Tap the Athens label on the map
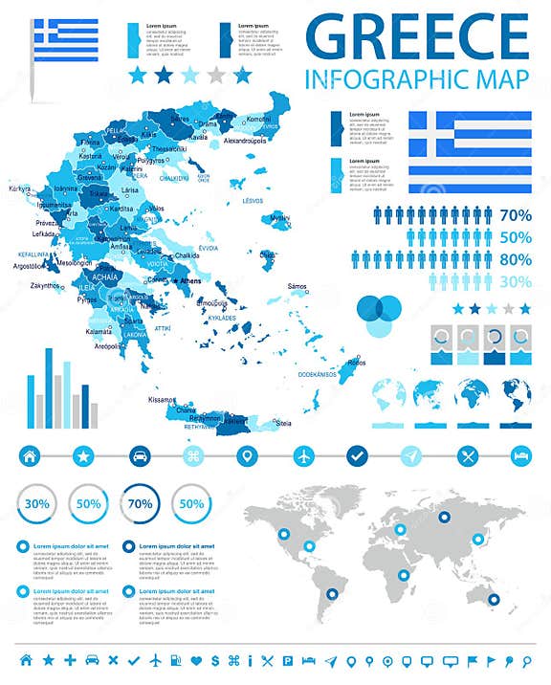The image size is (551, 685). (191, 281)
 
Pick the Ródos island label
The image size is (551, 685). (356, 363)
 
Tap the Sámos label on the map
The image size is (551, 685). (298, 286)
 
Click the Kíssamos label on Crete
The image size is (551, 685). (163, 399)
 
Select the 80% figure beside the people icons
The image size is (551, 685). (516, 259)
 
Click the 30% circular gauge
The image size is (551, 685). (38, 503)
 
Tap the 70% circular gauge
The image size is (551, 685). (141, 503)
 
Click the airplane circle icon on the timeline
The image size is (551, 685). (304, 455)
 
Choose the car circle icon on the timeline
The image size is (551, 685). (140, 455)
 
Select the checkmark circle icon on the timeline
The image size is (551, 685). (358, 455)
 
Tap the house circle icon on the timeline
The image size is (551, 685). (30, 455)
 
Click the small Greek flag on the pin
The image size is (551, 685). (66, 39)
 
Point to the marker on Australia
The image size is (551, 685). (494, 599)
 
